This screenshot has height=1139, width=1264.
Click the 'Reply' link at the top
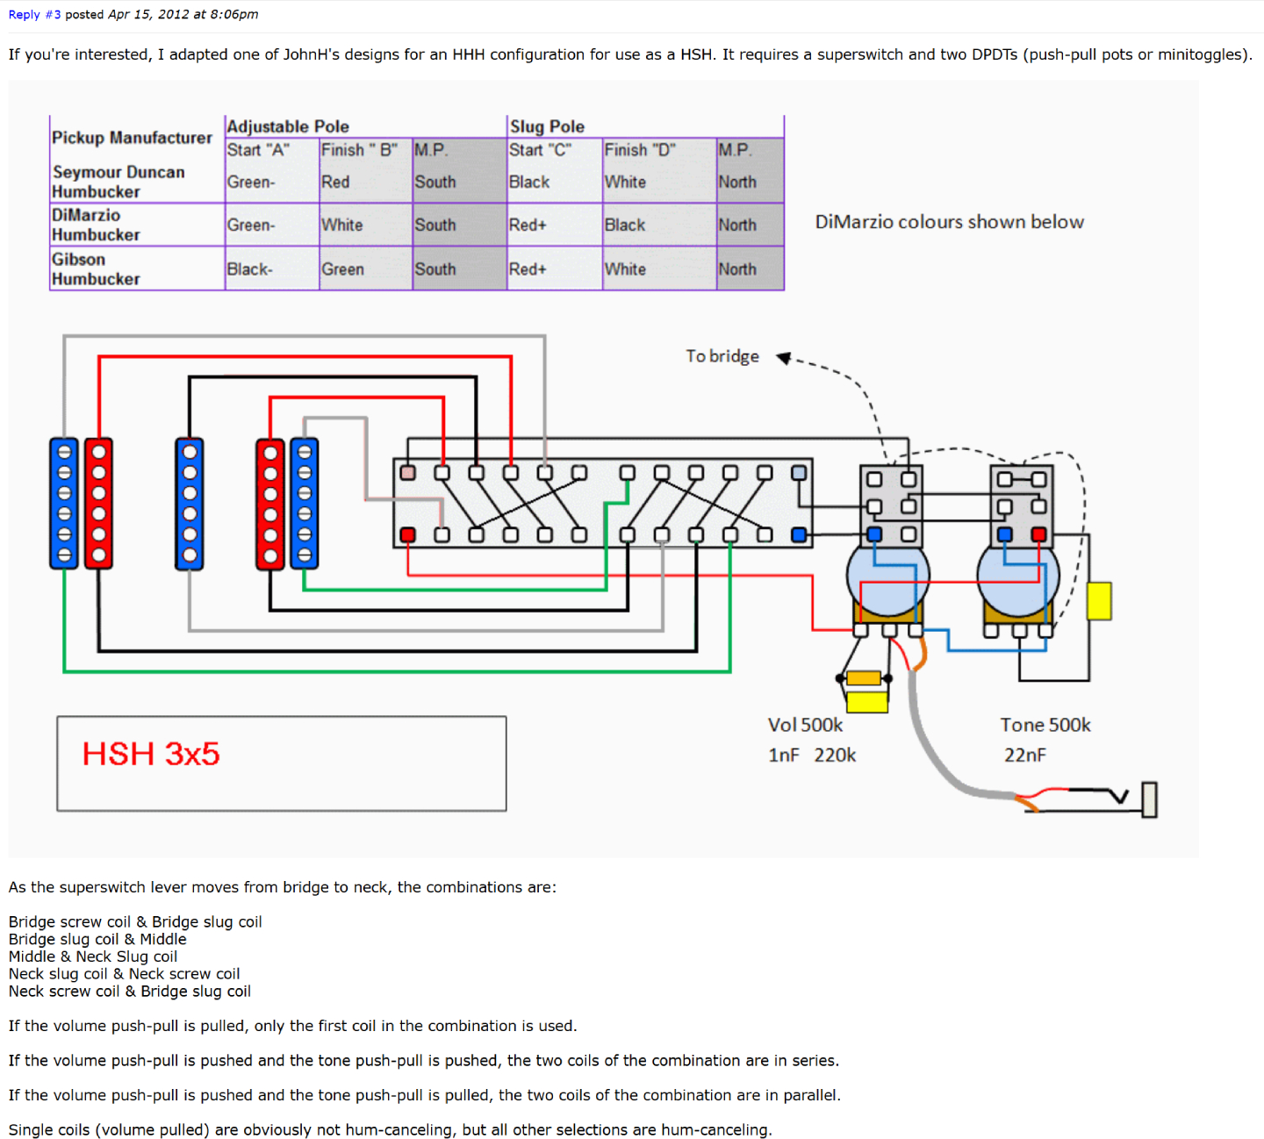click(x=24, y=15)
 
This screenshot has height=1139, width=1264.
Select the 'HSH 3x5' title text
click(x=151, y=754)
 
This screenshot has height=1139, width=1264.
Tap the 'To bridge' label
click(x=722, y=356)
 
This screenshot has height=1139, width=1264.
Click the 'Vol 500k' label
click(x=805, y=725)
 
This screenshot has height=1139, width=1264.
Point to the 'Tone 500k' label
click(x=1045, y=725)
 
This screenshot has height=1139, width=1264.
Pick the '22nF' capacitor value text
click(x=1024, y=755)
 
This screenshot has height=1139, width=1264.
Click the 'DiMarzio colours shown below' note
click(x=949, y=222)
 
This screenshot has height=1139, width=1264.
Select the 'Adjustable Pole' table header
click(x=288, y=126)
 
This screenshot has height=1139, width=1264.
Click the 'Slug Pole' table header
click(x=547, y=126)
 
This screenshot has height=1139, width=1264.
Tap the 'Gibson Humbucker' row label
click(x=96, y=269)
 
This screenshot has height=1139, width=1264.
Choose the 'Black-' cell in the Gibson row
click(x=250, y=269)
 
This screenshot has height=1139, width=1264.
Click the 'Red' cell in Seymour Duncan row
click(x=335, y=182)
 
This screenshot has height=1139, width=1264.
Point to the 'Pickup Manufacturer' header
click(x=132, y=138)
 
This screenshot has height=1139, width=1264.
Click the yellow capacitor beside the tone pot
click(x=1099, y=601)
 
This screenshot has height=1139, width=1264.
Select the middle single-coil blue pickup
click(x=190, y=504)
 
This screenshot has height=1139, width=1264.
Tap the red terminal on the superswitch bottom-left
click(x=407, y=534)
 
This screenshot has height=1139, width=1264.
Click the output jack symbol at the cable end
click(x=1148, y=799)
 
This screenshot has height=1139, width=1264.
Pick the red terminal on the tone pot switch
click(x=1038, y=534)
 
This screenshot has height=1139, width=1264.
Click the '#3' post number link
click(x=53, y=15)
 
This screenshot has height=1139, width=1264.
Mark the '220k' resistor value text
click(x=834, y=755)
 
